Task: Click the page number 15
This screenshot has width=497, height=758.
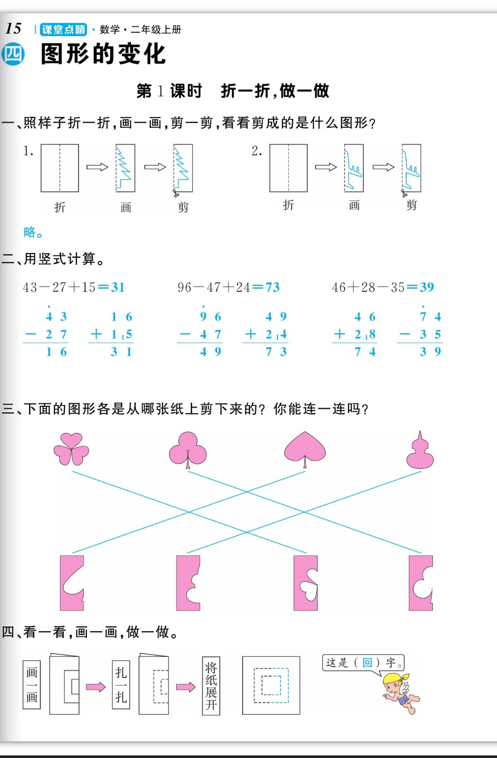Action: pyautogui.click(x=13, y=29)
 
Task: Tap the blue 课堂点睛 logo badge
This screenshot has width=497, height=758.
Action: pyautogui.click(x=63, y=30)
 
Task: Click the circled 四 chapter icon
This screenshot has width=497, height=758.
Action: pyautogui.click(x=13, y=54)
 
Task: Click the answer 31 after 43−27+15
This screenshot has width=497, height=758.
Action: pyautogui.click(x=118, y=287)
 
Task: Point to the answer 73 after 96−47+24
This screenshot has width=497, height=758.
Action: pyautogui.click(x=272, y=287)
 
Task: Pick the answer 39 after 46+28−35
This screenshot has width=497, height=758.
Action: pyautogui.click(x=427, y=287)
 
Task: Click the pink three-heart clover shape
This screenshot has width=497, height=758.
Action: pyautogui.click(x=71, y=449)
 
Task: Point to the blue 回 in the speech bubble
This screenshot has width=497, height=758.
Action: pyautogui.click(x=367, y=662)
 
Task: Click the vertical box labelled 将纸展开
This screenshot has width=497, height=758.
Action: pyautogui.click(x=211, y=686)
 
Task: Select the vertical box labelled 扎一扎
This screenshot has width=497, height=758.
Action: pyautogui.click(x=121, y=684)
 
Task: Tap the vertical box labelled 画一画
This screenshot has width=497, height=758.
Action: pyautogui.click(x=32, y=685)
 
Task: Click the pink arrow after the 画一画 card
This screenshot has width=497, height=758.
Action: pyautogui.click(x=96, y=687)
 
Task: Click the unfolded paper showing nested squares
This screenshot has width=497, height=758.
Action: pyautogui.click(x=271, y=685)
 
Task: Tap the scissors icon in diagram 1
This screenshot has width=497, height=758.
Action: pyautogui.click(x=176, y=193)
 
